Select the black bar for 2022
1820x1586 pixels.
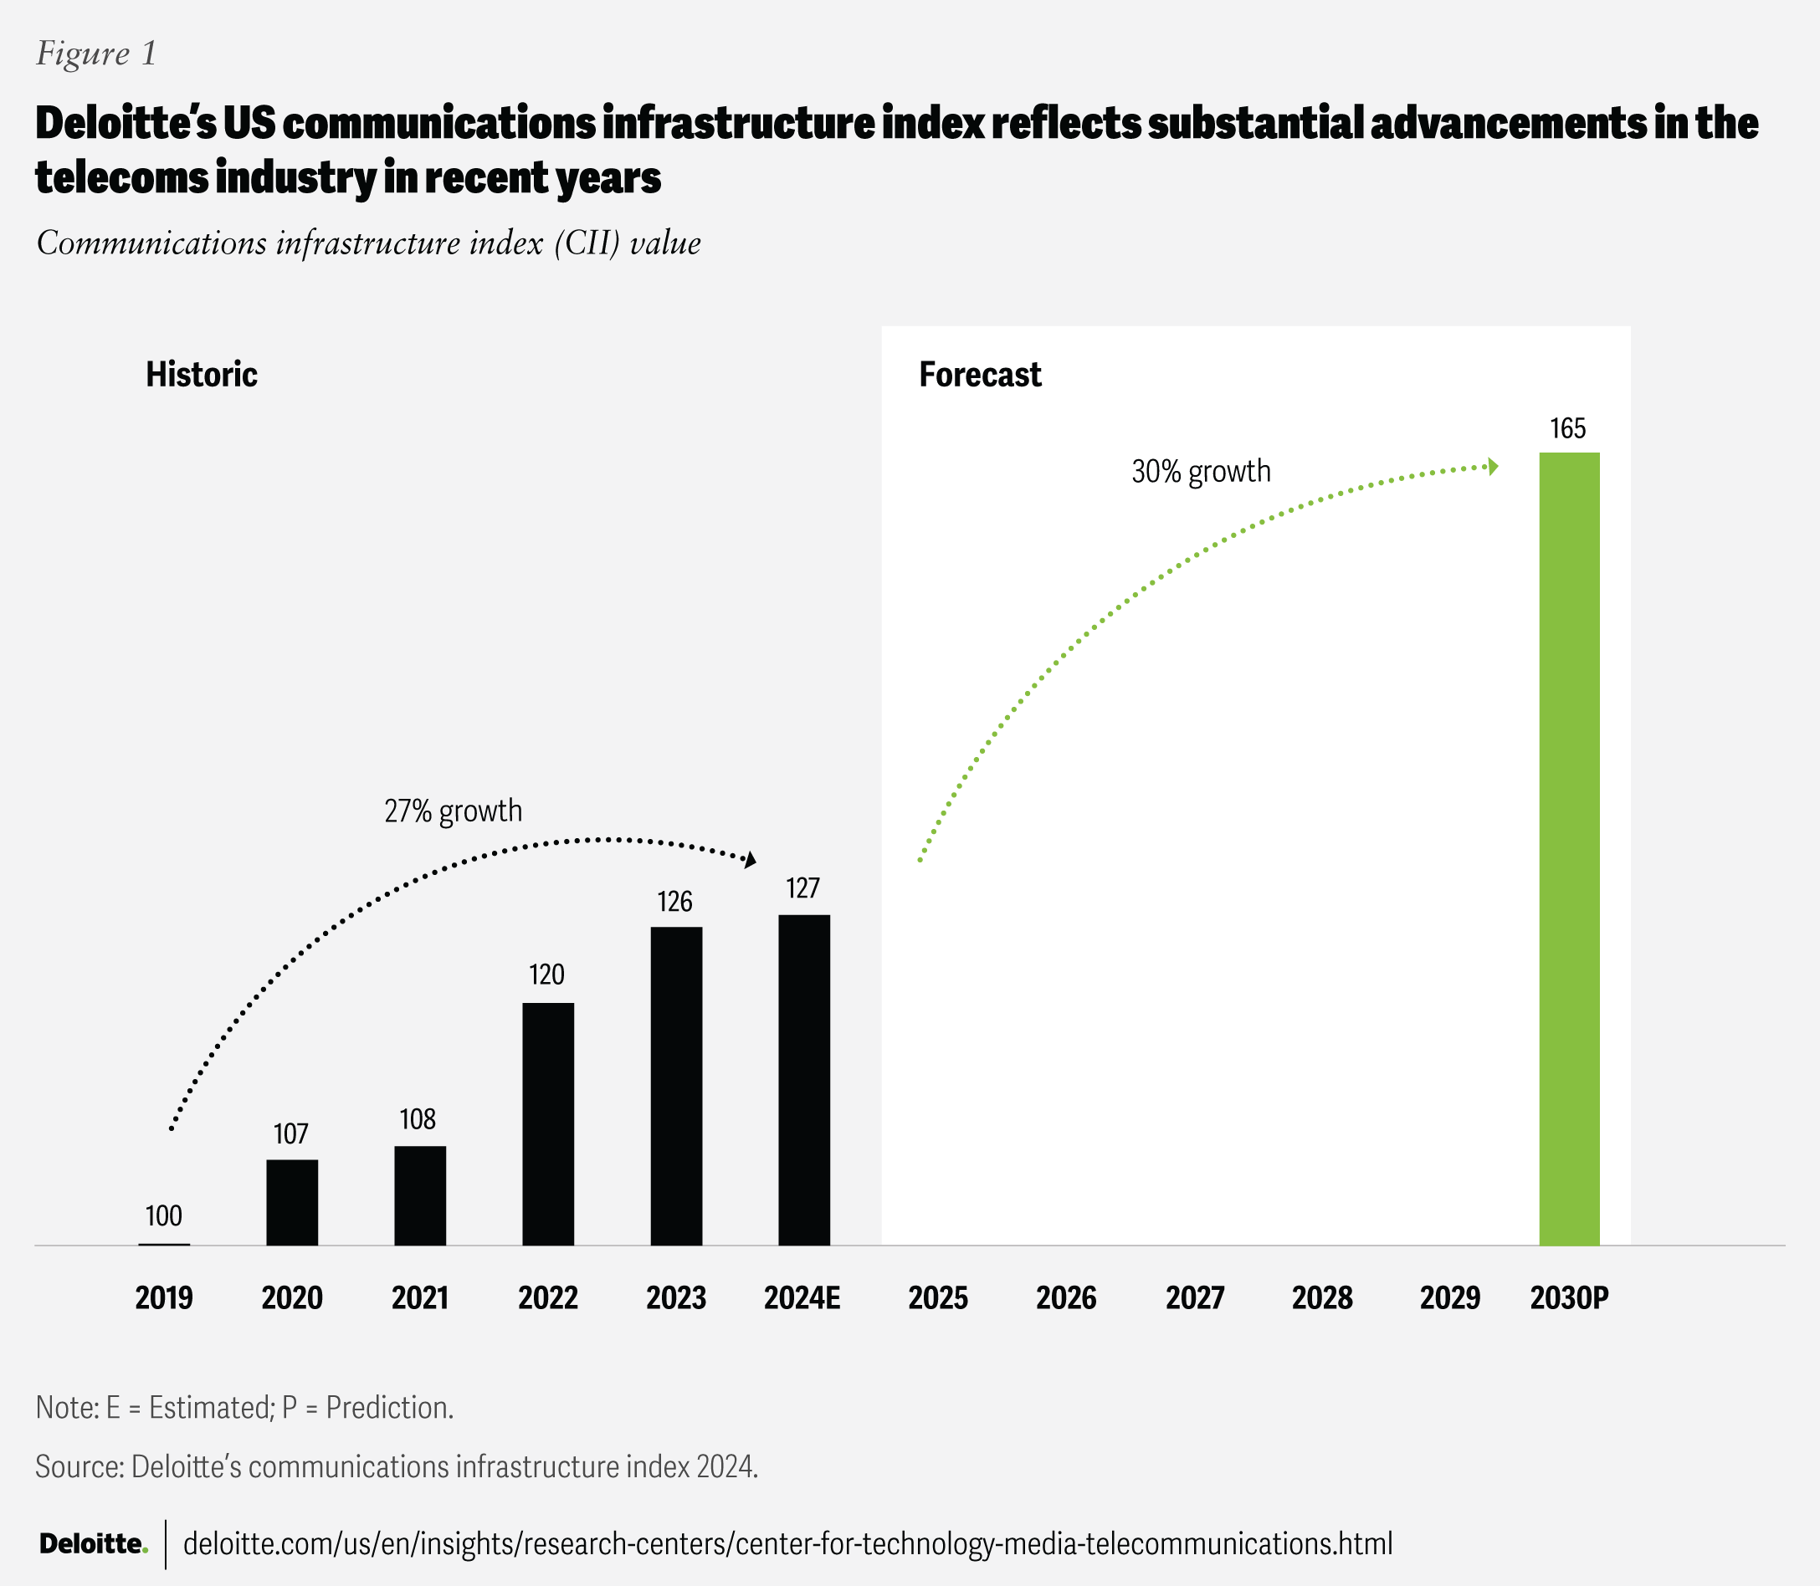[x=548, y=1123]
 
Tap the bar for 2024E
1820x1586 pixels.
[x=804, y=1079]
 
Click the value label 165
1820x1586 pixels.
[x=1568, y=429]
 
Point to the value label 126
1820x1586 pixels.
[x=674, y=902]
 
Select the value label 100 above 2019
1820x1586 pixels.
[x=164, y=1216]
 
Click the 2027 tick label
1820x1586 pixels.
[x=1194, y=1298]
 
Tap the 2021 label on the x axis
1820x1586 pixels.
[x=419, y=1298]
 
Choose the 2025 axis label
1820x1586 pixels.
[x=938, y=1298]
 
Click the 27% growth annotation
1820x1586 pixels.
[x=454, y=811]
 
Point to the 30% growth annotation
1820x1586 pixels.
[x=1200, y=472]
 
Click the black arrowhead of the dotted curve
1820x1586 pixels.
[x=751, y=859]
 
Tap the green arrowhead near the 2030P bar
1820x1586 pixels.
[x=1493, y=467]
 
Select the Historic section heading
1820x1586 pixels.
[x=202, y=375]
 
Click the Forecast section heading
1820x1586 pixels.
[x=980, y=375]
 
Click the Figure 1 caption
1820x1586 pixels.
[x=96, y=54]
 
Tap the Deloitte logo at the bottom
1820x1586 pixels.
[x=93, y=1544]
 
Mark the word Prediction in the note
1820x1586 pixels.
[x=388, y=1407]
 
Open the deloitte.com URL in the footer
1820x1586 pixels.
[x=787, y=1544]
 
